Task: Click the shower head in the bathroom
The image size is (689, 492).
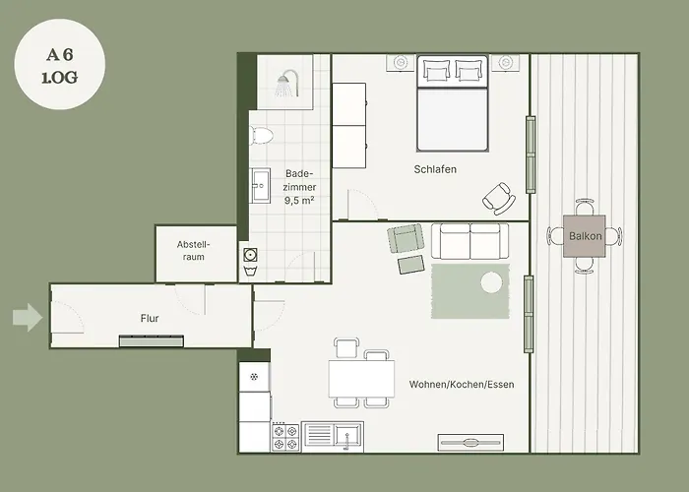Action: pyautogui.click(x=287, y=83)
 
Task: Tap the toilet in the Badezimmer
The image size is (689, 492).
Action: pyautogui.click(x=262, y=136)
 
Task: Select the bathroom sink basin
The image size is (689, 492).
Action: pyautogui.click(x=261, y=185)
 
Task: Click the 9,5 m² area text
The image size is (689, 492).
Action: pyautogui.click(x=299, y=201)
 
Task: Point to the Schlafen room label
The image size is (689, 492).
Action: pyautogui.click(x=435, y=169)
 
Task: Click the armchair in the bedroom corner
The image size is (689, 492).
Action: pyautogui.click(x=499, y=199)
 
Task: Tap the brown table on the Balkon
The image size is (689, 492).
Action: pyautogui.click(x=585, y=236)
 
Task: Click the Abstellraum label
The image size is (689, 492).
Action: pyautogui.click(x=194, y=250)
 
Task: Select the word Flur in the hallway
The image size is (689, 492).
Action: pyautogui.click(x=150, y=318)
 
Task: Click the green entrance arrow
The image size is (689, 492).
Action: pyautogui.click(x=28, y=317)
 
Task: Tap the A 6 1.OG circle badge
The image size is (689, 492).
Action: pyautogui.click(x=60, y=64)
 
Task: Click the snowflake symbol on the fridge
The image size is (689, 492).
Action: pyautogui.click(x=254, y=377)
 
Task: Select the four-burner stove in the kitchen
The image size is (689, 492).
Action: pyautogui.click(x=285, y=437)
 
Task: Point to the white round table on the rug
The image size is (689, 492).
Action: pyautogui.click(x=491, y=282)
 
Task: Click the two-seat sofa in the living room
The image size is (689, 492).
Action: pyautogui.click(x=470, y=241)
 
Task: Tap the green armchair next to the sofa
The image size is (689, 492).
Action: pyautogui.click(x=406, y=238)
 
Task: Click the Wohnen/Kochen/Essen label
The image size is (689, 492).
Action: pyautogui.click(x=462, y=385)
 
